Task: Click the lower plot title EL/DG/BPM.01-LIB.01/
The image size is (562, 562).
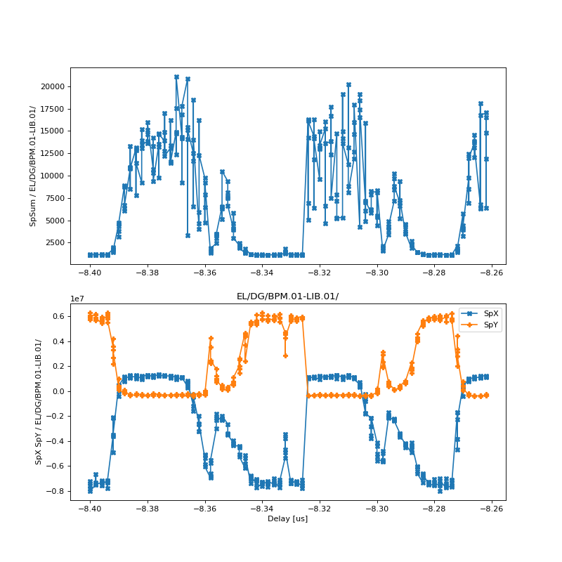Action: pyautogui.click(x=287, y=296)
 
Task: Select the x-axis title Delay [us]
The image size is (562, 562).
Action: pyautogui.click(x=287, y=518)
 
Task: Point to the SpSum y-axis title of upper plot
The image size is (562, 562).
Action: pyautogui.click(x=32, y=166)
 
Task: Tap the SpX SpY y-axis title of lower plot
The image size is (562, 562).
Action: pyautogui.click(x=39, y=402)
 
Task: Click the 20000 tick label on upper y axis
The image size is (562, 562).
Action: pyautogui.click(x=53, y=86)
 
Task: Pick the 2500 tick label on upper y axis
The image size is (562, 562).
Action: pyautogui.click(x=55, y=243)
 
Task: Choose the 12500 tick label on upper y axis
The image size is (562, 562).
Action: pyautogui.click(x=53, y=154)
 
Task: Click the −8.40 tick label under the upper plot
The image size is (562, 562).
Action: pyautogui.click(x=89, y=272)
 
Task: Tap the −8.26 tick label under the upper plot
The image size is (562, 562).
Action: pyautogui.click(x=492, y=272)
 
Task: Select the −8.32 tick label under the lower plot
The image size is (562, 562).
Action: pyautogui.click(x=319, y=508)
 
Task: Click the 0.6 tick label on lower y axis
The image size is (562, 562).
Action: pyautogui.click(x=58, y=317)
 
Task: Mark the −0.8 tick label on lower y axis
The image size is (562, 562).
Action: pyautogui.click(x=55, y=491)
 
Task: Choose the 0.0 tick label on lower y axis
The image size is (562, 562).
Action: pyautogui.click(x=58, y=391)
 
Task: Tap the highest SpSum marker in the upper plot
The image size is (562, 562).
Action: pyautogui.click(x=176, y=77)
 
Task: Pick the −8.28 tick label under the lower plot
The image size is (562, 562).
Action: pyautogui.click(x=434, y=508)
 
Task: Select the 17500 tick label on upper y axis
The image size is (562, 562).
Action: pyautogui.click(x=53, y=109)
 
